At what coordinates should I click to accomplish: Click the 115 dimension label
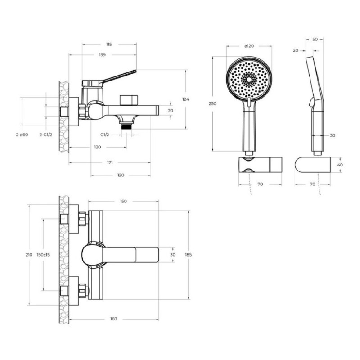pos(109,45)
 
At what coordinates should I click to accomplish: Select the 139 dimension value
pos(103,55)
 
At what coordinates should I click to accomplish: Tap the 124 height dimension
pos(186,99)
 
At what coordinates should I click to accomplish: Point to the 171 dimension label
pos(110,162)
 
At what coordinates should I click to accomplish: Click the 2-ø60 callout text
pos(22,135)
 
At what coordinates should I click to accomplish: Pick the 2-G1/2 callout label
pos(46,135)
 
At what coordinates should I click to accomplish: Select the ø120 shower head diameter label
pos(249,46)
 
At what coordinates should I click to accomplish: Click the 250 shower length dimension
pos(212,104)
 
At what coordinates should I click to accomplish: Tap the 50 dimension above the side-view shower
pos(315,40)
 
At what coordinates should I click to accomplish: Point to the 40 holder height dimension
pos(340,165)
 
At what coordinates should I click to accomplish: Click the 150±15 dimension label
pos(43,255)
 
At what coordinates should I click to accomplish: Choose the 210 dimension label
pos(29,255)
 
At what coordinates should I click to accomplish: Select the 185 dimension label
pos(188,255)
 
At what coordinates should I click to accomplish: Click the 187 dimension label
pos(114,319)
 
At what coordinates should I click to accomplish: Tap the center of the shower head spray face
pos(249,80)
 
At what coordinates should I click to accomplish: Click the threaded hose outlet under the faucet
pos(126,126)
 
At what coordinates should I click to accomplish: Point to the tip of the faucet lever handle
pos(136,71)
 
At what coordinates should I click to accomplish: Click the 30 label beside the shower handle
pos(333,135)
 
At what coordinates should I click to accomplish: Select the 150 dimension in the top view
pos(123,201)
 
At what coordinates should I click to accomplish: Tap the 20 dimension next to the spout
pos(171,111)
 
